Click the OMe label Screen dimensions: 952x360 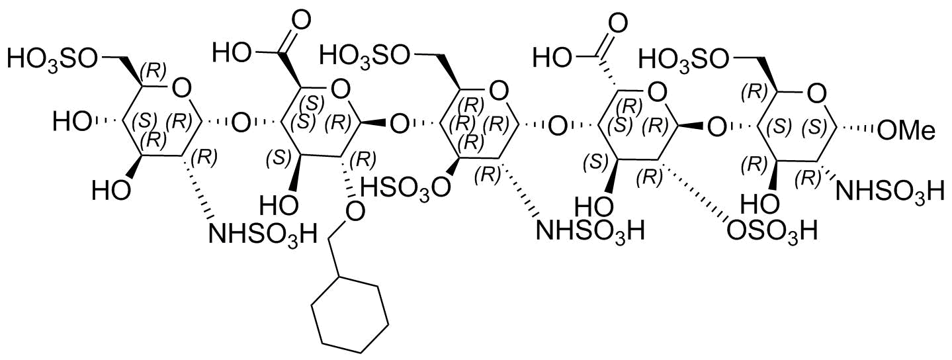click(906, 132)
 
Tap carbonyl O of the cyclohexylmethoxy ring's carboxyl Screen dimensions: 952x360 click(300, 21)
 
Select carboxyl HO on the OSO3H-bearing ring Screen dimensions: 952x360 click(551, 58)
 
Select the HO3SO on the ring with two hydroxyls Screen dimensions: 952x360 click(52, 59)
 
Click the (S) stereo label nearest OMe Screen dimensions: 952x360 click(814, 127)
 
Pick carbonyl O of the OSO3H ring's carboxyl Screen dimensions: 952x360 click(617, 23)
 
